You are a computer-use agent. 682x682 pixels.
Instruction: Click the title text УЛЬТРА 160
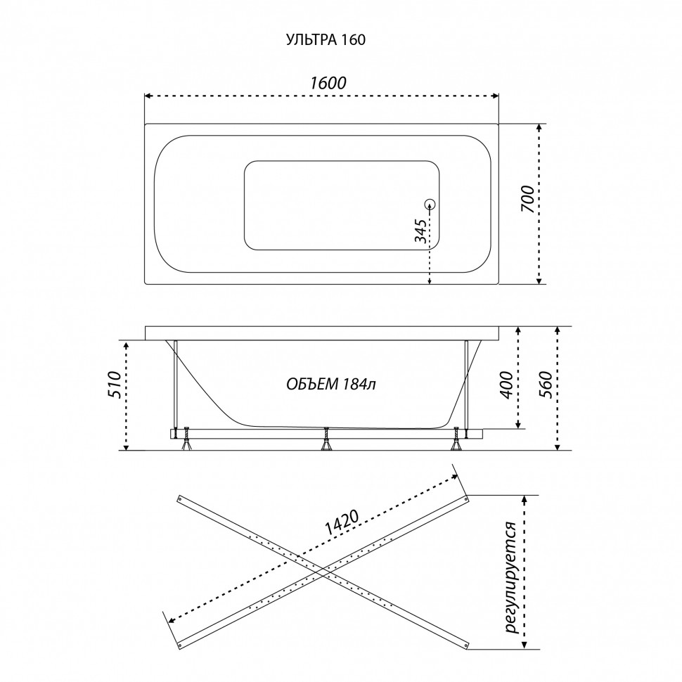[326, 39]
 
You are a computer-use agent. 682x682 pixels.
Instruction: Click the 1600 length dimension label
[328, 83]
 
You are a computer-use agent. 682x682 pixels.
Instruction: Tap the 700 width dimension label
[527, 199]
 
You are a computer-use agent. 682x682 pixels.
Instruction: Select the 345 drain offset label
[420, 231]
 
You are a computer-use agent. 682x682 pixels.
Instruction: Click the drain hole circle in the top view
[430, 204]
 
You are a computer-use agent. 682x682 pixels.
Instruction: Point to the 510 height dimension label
[113, 385]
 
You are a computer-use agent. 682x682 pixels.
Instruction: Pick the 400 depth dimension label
[507, 385]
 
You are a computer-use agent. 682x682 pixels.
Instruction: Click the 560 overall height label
[546, 385]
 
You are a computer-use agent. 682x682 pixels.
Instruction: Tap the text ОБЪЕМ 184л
[331, 384]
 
